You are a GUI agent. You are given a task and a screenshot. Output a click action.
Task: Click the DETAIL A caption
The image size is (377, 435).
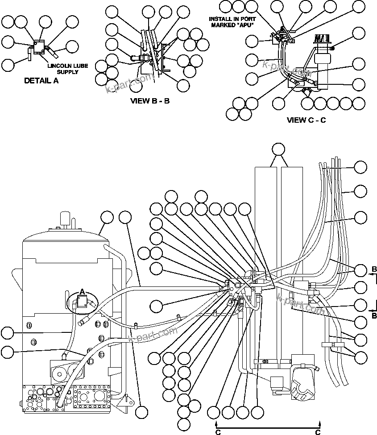(41, 81)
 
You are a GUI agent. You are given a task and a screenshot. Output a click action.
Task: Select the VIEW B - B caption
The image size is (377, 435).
(149, 101)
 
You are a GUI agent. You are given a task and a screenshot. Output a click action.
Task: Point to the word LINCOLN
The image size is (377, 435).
(62, 66)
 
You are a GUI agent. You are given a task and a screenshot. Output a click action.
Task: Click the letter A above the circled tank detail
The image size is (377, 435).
(82, 292)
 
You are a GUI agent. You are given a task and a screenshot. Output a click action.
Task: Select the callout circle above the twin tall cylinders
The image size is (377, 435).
(279, 149)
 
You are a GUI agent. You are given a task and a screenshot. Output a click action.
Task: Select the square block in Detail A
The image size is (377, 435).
(39, 46)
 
